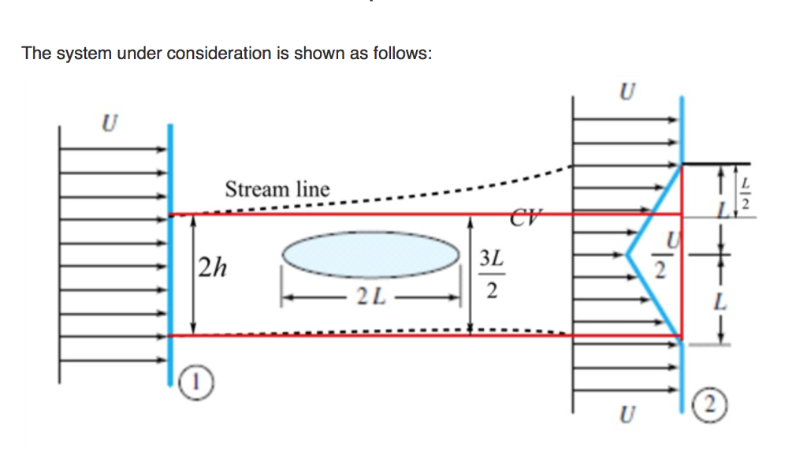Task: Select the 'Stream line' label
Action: [x=277, y=189]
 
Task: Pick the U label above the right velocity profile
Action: [x=626, y=92]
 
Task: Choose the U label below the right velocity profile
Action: [x=626, y=413]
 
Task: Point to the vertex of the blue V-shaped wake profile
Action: [x=629, y=254]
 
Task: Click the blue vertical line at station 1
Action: [x=170, y=252]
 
